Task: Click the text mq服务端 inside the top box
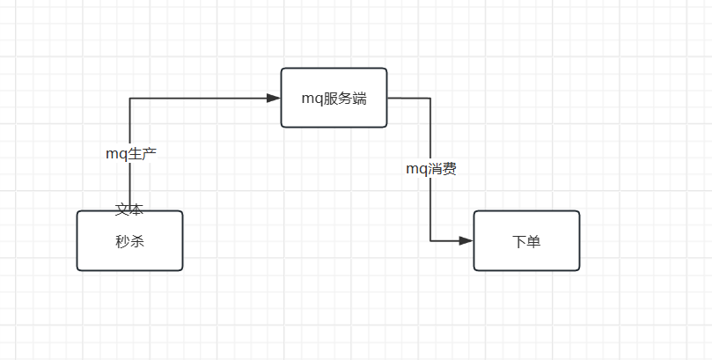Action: (x=334, y=99)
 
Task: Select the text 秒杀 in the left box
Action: (x=129, y=241)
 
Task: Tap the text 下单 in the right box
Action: (x=526, y=241)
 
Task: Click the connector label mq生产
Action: (x=131, y=153)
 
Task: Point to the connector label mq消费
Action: (x=430, y=169)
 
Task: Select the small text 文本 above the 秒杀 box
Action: (x=129, y=209)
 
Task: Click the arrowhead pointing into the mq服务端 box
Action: (x=274, y=98)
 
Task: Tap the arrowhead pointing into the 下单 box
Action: (x=466, y=240)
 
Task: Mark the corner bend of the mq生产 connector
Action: (x=130, y=98)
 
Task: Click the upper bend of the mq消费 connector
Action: (x=430, y=98)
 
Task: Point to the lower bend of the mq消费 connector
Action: (x=430, y=240)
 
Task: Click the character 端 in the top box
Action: (x=358, y=99)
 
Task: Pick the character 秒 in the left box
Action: (x=122, y=241)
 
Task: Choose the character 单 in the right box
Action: (x=533, y=241)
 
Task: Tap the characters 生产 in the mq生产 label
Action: (x=143, y=153)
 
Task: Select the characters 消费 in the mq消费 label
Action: (x=443, y=169)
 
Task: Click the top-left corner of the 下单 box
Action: (x=475, y=212)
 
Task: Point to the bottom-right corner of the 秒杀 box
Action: (x=181, y=269)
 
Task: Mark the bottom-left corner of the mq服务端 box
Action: (x=283, y=126)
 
